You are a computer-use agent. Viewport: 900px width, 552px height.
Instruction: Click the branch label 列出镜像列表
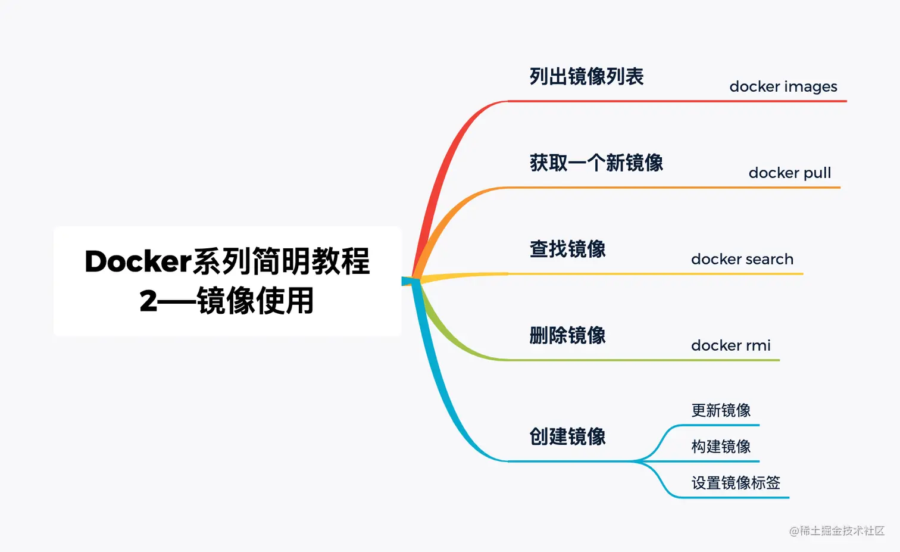(x=586, y=77)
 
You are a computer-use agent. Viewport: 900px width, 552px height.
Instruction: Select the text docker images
(x=783, y=87)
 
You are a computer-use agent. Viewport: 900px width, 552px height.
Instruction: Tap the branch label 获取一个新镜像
(x=596, y=163)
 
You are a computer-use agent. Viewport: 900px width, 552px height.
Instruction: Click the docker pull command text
(x=789, y=173)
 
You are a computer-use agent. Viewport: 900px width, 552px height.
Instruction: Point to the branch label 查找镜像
(x=567, y=250)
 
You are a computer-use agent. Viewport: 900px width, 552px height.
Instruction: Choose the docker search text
(x=742, y=260)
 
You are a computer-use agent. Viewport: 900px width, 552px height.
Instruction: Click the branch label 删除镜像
(x=567, y=336)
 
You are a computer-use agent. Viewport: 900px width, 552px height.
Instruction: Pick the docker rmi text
(x=730, y=346)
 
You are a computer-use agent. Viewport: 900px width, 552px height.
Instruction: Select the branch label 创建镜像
(x=567, y=437)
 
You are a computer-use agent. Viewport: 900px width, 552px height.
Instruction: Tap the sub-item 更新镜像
(x=721, y=411)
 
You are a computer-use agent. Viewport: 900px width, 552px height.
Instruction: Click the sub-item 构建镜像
(x=721, y=447)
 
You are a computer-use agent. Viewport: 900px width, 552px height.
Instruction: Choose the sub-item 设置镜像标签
(x=736, y=483)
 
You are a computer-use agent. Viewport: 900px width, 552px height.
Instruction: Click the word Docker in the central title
(x=137, y=262)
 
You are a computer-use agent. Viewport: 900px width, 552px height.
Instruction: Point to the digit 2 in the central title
(x=148, y=301)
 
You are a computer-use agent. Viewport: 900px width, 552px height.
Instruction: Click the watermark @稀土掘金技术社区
(x=837, y=531)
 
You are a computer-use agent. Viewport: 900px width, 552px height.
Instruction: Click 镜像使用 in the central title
(x=255, y=301)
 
